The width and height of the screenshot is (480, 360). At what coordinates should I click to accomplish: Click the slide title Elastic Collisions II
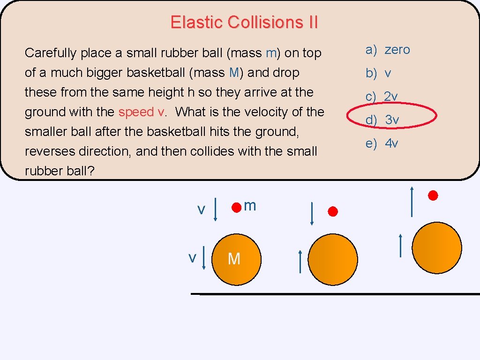(x=244, y=22)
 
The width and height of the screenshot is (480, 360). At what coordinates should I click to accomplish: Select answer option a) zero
(x=388, y=50)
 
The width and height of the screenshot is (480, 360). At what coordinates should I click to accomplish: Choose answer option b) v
(x=379, y=73)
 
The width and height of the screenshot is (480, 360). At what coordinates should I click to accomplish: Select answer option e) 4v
(x=382, y=143)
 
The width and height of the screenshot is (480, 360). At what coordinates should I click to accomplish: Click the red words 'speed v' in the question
(x=142, y=112)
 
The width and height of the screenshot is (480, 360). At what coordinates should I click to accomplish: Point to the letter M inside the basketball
(x=233, y=258)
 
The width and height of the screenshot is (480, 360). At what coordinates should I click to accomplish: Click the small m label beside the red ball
(x=250, y=205)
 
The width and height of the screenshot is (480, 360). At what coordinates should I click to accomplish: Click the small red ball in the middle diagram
(x=332, y=212)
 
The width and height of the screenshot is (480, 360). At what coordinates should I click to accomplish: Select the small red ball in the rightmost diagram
(x=433, y=195)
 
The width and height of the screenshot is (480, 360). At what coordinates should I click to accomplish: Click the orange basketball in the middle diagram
(x=333, y=259)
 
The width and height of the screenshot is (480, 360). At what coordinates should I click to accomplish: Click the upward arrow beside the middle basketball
(x=300, y=262)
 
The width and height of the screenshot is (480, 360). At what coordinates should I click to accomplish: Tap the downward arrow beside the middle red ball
(x=312, y=213)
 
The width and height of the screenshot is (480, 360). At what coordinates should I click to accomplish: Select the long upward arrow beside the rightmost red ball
(x=412, y=202)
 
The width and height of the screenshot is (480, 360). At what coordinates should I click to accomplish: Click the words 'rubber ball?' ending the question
(x=60, y=171)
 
